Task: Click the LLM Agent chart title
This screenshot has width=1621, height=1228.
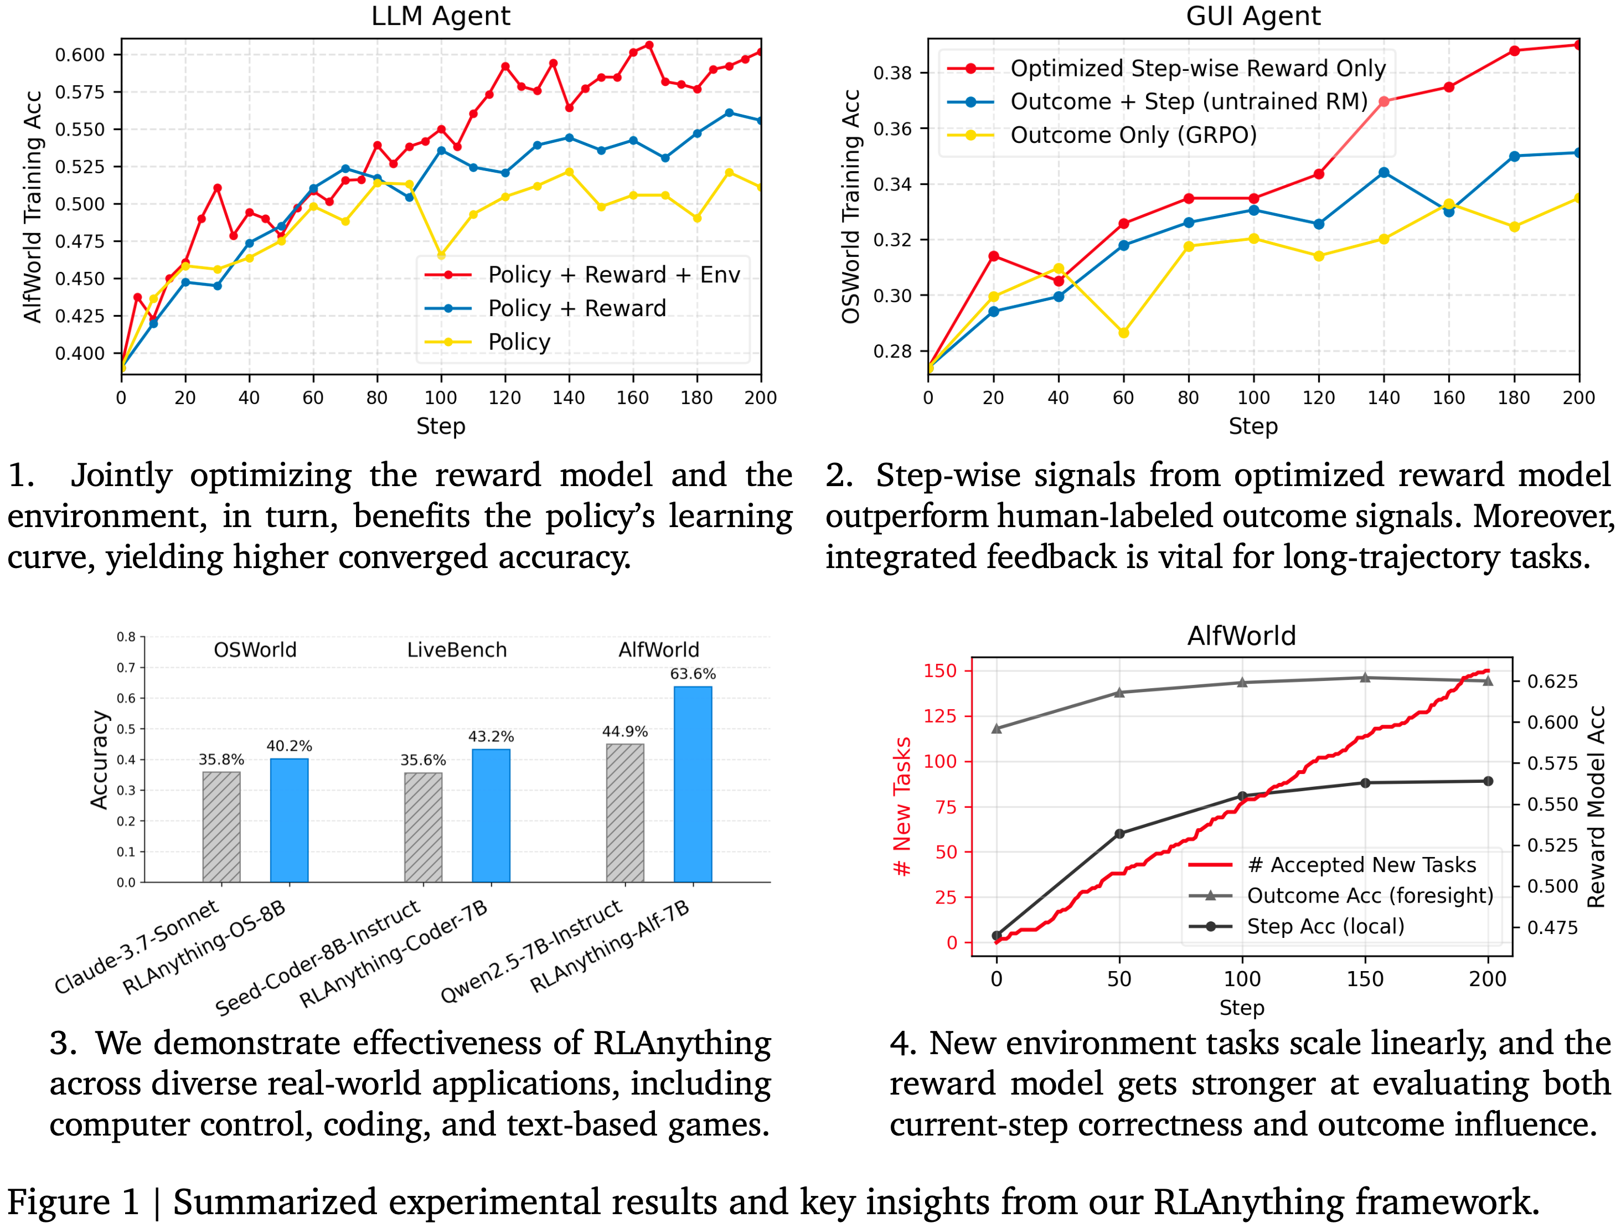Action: [x=441, y=16]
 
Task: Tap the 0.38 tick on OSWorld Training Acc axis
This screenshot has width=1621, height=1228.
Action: [x=892, y=73]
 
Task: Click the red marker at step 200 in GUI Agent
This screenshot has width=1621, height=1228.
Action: [x=1578, y=45]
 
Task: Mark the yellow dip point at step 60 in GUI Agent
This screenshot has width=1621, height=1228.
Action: [x=1123, y=333]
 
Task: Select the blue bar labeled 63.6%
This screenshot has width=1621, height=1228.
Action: [x=693, y=784]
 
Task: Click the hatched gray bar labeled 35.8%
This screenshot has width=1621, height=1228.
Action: [x=221, y=827]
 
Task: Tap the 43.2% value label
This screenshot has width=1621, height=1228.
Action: [x=491, y=736]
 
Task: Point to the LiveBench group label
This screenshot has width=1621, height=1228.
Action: [x=457, y=650]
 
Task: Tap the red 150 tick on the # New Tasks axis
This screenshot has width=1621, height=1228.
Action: [x=940, y=671]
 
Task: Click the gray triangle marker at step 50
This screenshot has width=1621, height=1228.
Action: [x=1119, y=693]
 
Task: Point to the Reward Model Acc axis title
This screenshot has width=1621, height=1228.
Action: [x=1596, y=806]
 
